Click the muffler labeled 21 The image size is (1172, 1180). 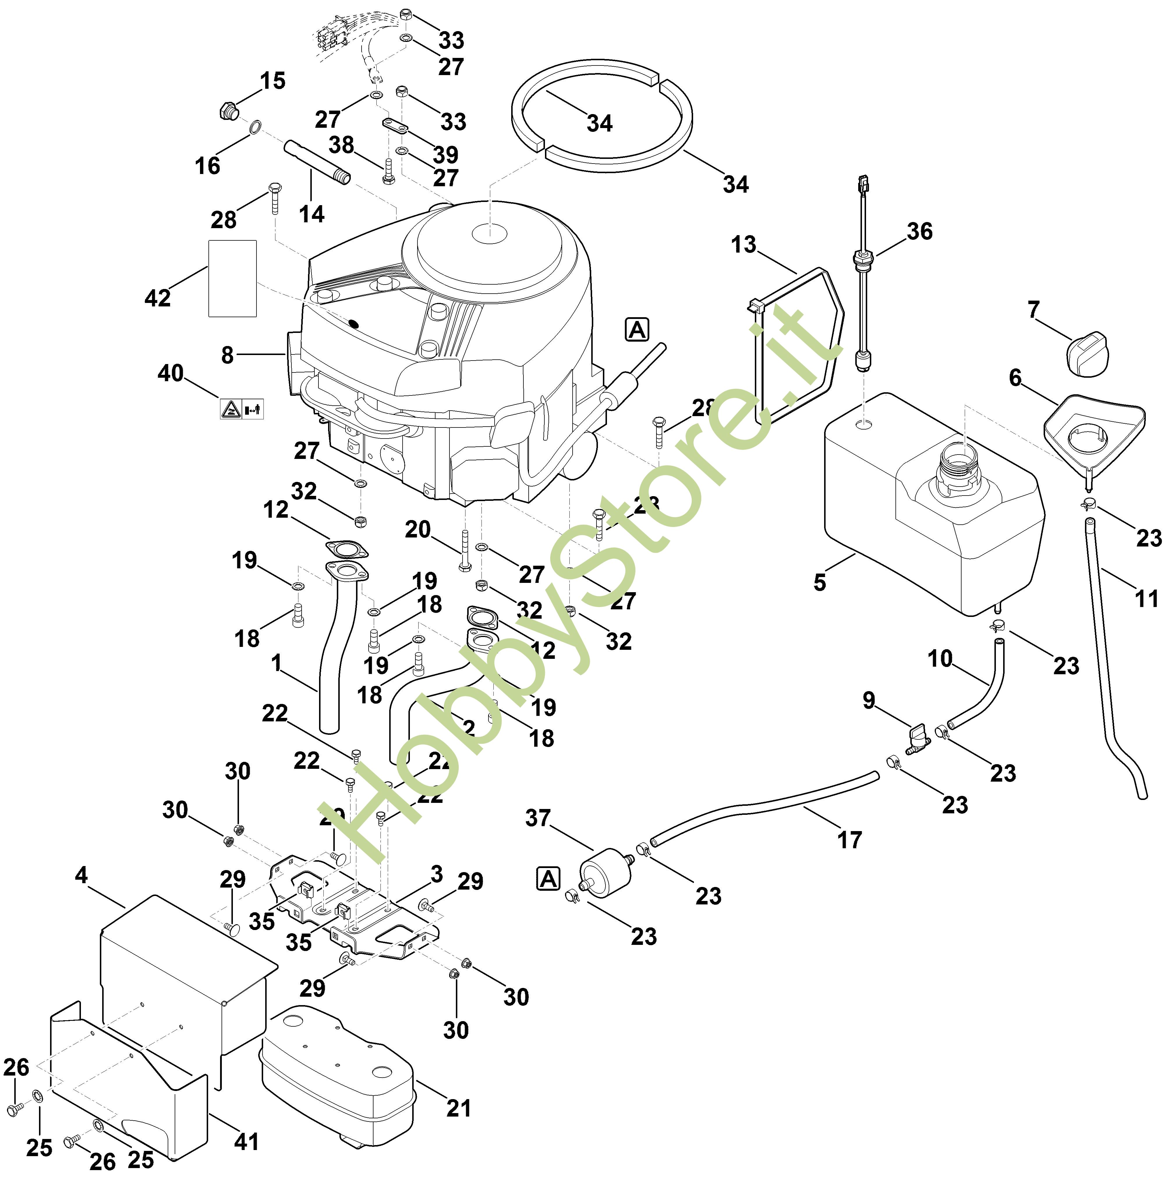[336, 1075]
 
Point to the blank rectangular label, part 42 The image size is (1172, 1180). [232, 278]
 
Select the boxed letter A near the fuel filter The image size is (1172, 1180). [548, 879]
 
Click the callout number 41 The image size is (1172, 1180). [246, 1141]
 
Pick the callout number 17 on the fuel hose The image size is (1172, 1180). [849, 840]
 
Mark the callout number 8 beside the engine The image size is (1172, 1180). [227, 355]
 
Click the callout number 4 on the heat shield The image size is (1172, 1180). [81, 875]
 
